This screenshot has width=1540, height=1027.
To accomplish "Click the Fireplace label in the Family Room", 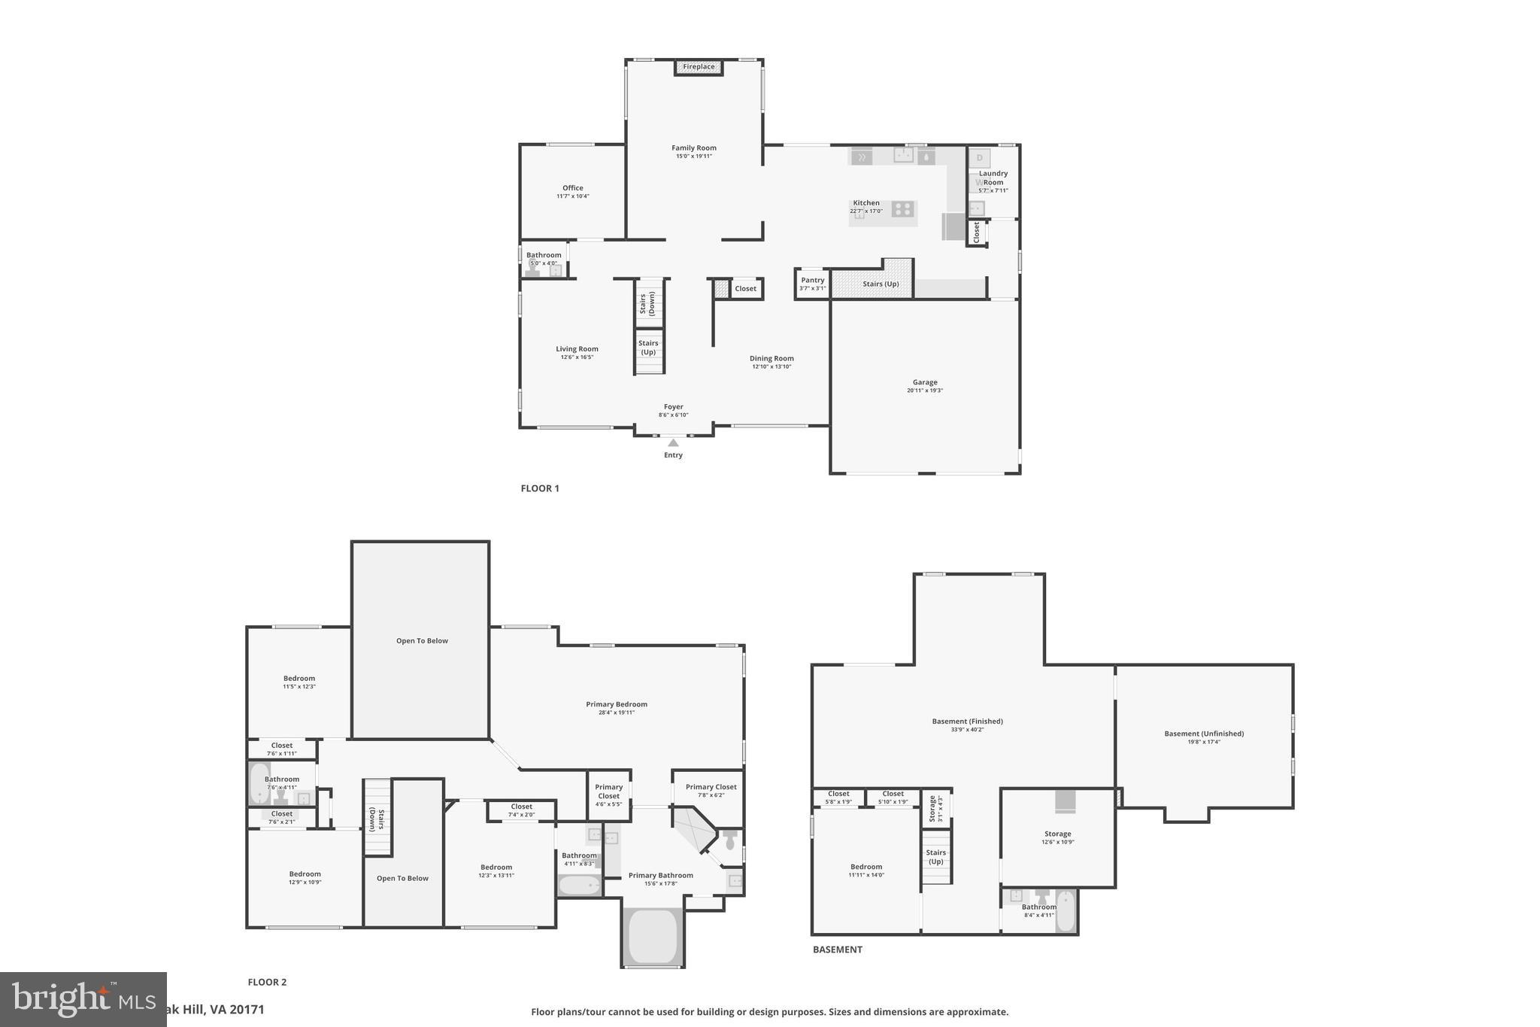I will (x=699, y=67).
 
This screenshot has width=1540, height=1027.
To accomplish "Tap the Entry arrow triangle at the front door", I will (x=673, y=443).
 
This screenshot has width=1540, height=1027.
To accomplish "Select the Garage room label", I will (x=925, y=382).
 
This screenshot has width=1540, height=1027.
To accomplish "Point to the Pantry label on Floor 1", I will (x=812, y=281).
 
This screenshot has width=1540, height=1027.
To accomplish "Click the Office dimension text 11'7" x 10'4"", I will (x=573, y=196).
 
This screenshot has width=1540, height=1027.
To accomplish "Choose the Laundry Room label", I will (x=993, y=178).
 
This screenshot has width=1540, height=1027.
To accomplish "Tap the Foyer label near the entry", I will (x=673, y=407).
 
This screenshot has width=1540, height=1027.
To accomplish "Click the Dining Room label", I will (x=772, y=358).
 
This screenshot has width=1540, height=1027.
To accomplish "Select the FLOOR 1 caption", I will (x=540, y=488).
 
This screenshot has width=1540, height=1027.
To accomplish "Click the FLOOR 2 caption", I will (x=267, y=982).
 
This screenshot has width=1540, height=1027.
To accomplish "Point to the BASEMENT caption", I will (x=837, y=950).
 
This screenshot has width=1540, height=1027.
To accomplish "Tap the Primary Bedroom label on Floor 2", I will (x=617, y=704).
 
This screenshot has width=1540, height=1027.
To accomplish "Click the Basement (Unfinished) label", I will (x=1204, y=734).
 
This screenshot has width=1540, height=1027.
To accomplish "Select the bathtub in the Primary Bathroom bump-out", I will (x=653, y=936).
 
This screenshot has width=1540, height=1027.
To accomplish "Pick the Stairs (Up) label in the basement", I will (x=936, y=857).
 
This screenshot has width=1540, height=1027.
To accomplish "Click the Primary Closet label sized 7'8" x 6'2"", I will (x=711, y=787).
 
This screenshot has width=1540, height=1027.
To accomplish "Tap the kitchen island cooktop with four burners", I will (x=902, y=208).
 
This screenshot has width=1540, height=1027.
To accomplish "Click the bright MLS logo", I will (x=83, y=999).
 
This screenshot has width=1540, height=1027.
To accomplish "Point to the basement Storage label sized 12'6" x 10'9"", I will (x=1057, y=834).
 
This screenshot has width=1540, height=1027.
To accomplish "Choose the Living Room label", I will (x=577, y=349).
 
